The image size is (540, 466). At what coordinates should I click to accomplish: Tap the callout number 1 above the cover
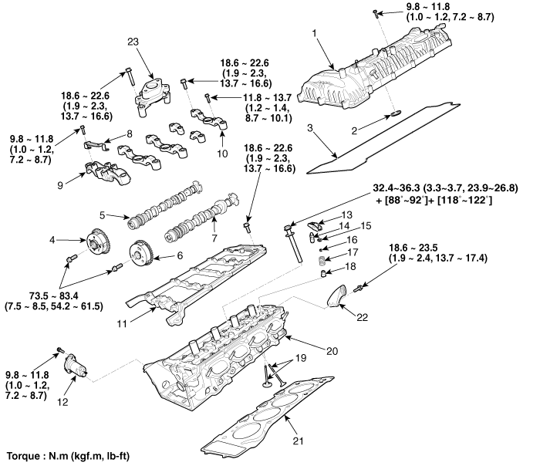[315, 32]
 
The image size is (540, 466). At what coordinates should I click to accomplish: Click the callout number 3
[309, 125]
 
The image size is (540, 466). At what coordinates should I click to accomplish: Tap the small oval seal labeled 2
[392, 114]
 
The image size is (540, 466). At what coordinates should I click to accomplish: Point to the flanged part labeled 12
[78, 363]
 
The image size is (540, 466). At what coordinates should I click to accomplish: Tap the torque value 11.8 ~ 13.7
[248, 97]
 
